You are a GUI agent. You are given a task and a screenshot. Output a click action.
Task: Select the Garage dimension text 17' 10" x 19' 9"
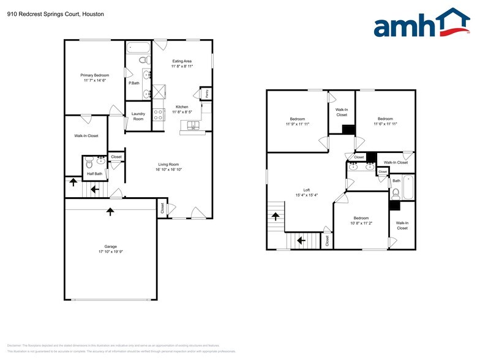click(x=111, y=252)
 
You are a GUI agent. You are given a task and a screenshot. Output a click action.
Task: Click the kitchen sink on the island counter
click(x=193, y=127)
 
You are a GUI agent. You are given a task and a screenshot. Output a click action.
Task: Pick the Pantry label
click(x=206, y=92)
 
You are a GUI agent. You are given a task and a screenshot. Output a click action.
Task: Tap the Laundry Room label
click(x=138, y=116)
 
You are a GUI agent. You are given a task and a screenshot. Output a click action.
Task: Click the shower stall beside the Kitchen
click(x=160, y=91)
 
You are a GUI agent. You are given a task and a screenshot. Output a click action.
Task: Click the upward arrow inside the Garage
click(x=110, y=212)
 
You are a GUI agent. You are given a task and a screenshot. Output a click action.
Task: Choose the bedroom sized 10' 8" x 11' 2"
click(x=361, y=220)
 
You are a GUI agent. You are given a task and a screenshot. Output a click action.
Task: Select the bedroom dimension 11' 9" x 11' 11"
click(x=297, y=124)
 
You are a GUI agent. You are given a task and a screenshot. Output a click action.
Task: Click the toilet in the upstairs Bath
click(x=396, y=193)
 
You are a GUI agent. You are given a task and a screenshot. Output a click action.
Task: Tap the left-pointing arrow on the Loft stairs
click(x=300, y=241)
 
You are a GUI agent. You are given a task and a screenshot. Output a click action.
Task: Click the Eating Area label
click(x=182, y=61)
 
